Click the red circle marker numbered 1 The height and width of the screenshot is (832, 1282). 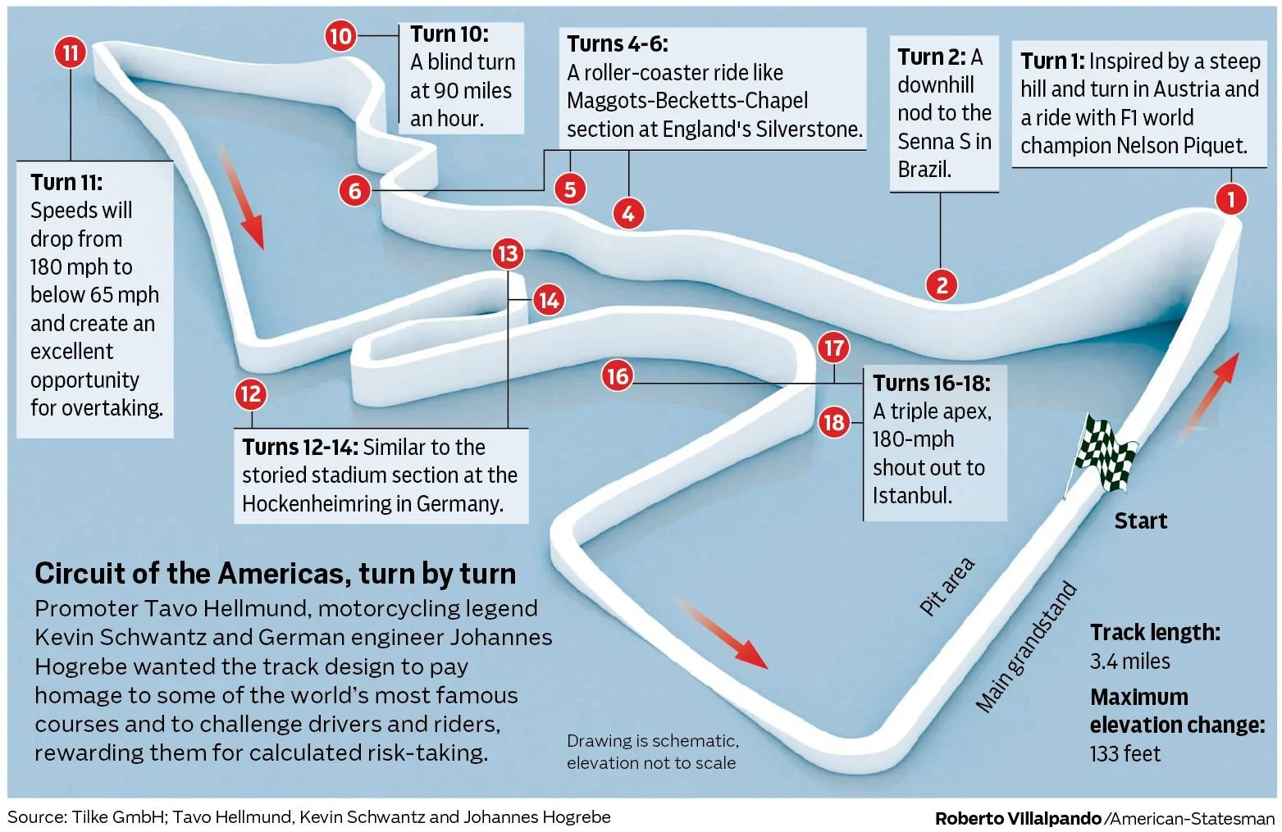pos(1230,199)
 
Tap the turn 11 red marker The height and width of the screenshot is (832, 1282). pos(71,53)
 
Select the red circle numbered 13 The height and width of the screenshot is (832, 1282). pos(508,253)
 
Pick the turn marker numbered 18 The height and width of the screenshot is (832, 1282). pos(834,422)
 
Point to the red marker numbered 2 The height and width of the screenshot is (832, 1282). pos(942,285)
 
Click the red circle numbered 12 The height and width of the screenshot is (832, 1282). pos(251,394)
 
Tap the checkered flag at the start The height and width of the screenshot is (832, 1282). pos(1105,453)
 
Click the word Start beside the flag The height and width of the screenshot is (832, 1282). pos(1140,521)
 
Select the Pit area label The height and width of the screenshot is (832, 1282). pos(947,586)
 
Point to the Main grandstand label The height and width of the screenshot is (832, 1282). pos(1026,647)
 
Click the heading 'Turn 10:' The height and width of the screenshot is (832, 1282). pos(449,34)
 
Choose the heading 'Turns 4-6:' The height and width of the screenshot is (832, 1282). pos(617,44)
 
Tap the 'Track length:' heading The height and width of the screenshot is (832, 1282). pos(1155,633)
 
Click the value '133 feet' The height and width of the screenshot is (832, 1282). pos(1125,753)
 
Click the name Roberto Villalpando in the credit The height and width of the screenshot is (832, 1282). pos(1018,818)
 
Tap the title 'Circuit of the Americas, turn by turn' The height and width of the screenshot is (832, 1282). pos(276,574)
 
